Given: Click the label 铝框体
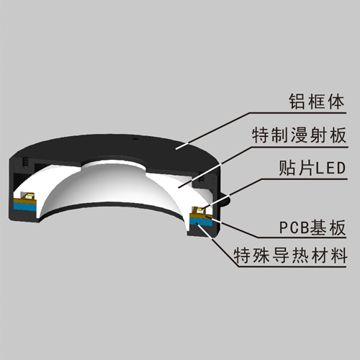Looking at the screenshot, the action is (x=317, y=102).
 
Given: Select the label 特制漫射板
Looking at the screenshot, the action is (x=299, y=135).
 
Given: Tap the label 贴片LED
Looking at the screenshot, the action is (x=312, y=168).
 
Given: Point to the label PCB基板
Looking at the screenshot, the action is (x=312, y=227).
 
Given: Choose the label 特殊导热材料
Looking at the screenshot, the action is (x=290, y=256).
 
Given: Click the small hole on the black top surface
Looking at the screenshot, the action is (x=135, y=139).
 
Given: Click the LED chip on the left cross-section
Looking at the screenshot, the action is (x=28, y=196).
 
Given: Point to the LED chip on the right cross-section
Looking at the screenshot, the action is (x=199, y=210).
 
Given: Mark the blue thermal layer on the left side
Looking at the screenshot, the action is (x=24, y=207).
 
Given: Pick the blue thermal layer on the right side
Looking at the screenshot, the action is (x=201, y=222).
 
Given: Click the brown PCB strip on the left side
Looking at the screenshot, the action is (x=24, y=201).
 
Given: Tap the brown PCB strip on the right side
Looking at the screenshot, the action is (x=201, y=215).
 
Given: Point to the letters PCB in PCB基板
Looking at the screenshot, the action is (x=294, y=228).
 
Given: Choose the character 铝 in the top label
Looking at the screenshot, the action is (x=297, y=102).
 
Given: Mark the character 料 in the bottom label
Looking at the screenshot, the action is (x=338, y=256).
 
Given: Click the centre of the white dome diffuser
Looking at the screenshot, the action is (x=113, y=185).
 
